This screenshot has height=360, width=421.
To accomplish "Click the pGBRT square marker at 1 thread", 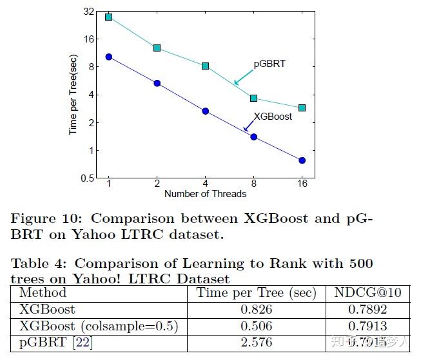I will pos(109,17).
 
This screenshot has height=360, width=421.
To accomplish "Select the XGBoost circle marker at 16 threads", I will pos(302,160).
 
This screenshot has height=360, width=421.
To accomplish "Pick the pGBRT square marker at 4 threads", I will pos(206,66).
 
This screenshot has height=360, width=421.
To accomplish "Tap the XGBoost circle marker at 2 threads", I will pos(157,83).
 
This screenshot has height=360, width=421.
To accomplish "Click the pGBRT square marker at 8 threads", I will pos(253,98).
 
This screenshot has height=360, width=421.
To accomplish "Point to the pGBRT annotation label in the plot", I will pos(270,64).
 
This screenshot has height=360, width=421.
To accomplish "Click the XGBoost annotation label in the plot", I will pos(273,117).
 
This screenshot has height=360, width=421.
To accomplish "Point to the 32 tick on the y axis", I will pos(88,11).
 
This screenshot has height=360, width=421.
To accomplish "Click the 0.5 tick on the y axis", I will pos(86,178).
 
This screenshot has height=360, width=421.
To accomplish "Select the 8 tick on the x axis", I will pos(253,184).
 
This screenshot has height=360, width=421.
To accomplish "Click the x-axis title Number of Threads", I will pos(205,193).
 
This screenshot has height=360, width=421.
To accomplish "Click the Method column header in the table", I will pos(43,293).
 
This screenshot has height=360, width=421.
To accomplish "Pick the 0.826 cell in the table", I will pos(256,310).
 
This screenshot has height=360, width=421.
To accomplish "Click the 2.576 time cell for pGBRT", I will pos(256,343).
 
